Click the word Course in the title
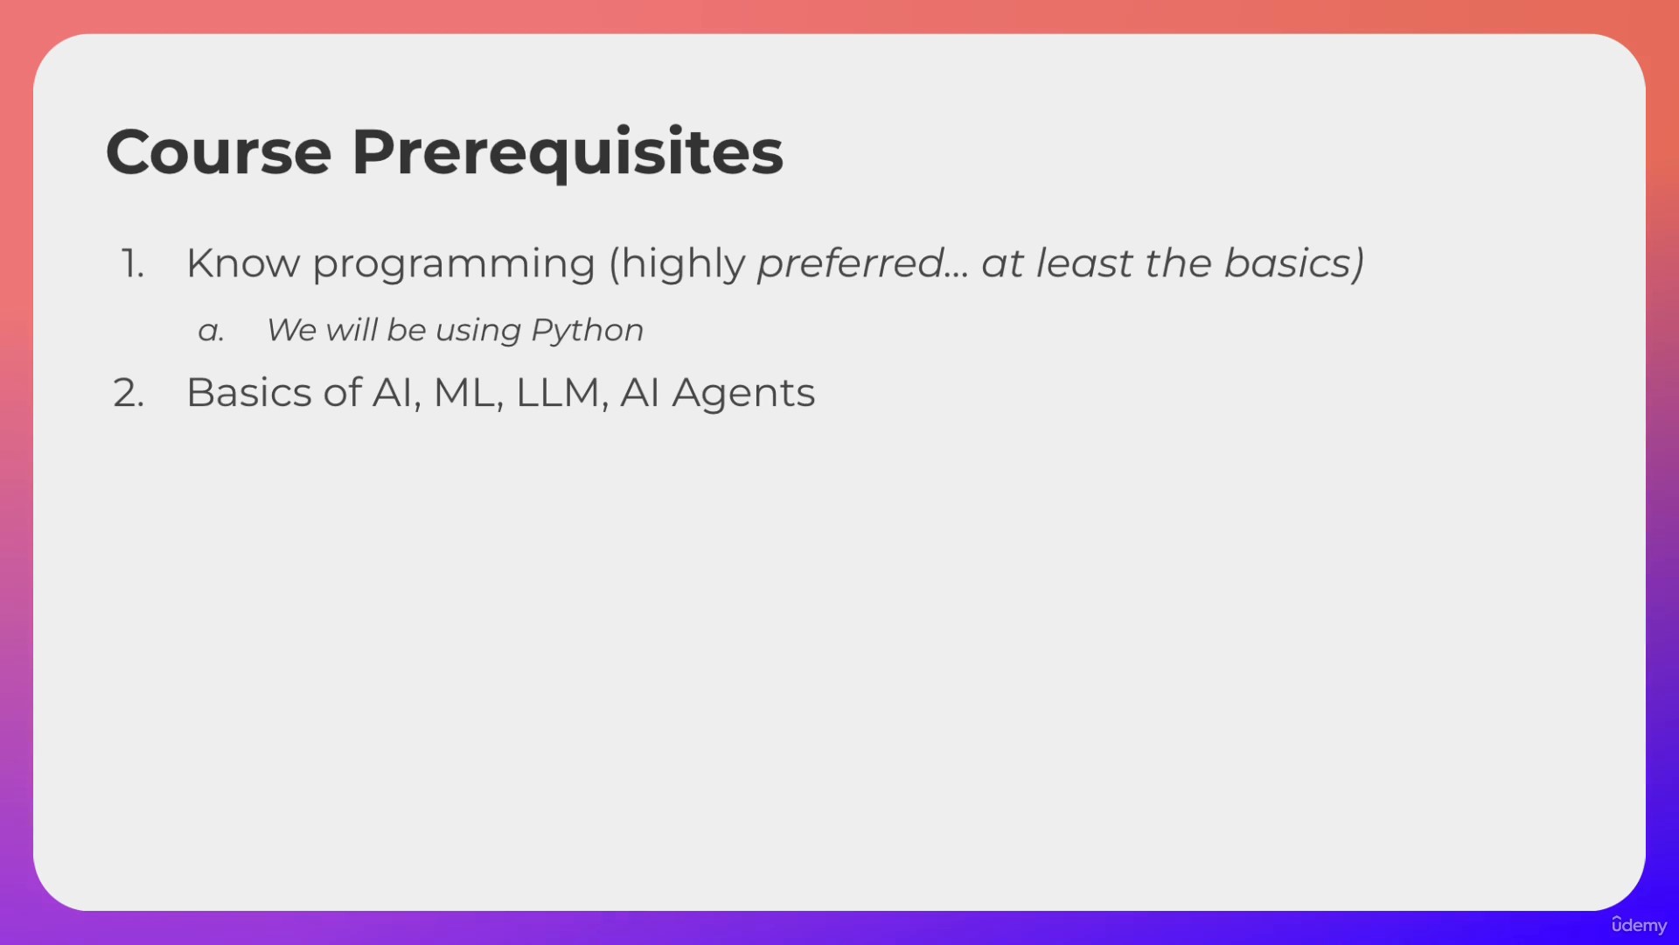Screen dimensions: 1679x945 pos(219,152)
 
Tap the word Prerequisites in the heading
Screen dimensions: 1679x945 pos(568,154)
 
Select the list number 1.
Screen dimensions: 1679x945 pos(132,263)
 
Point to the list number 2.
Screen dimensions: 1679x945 pos(129,393)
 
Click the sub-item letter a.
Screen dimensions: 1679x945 pos(211,331)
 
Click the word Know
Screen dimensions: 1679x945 pos(243,263)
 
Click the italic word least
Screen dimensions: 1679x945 pos(1084,263)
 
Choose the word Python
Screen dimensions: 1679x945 pos(587,332)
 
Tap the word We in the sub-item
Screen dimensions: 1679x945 pos(291,331)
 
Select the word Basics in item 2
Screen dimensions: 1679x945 pos(249,393)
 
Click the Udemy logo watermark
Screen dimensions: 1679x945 pos(1639,926)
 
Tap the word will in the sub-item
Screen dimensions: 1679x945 pos(352,329)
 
